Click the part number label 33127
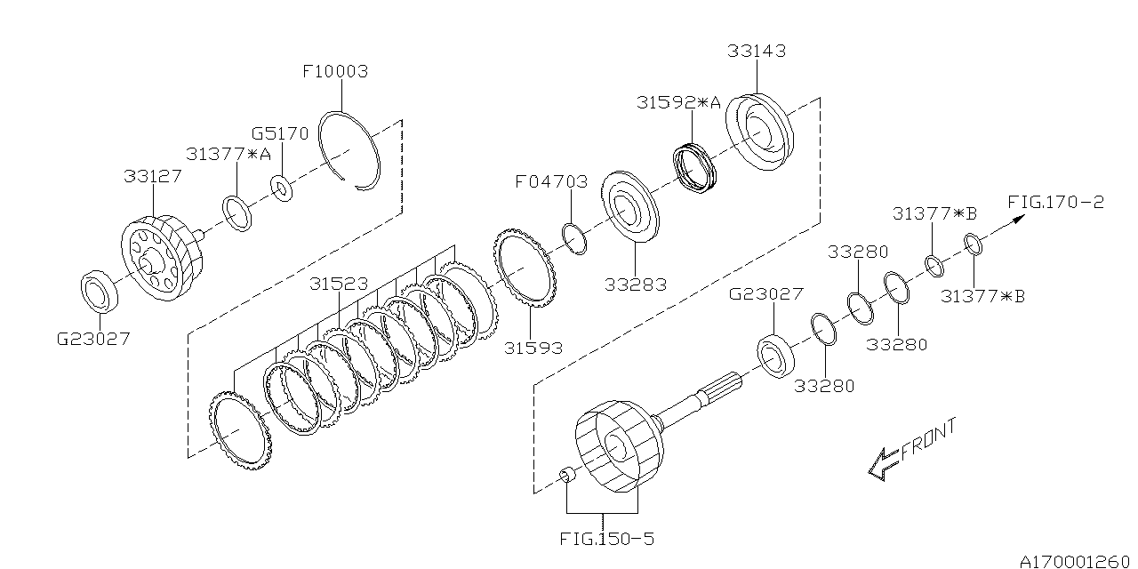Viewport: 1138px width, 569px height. pos(152,176)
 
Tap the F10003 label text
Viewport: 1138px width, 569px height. pos(335,71)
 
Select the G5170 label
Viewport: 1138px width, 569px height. pos(279,134)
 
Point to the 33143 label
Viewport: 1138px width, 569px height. pos(756,52)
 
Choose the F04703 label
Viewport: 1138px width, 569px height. pos(551,182)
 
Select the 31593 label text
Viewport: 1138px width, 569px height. pos(533,348)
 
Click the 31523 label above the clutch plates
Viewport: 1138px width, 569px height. pos(339,284)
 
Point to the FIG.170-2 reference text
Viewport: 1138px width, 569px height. pos(1056,202)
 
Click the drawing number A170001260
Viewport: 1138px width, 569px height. pos(1077,560)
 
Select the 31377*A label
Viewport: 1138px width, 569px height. pos(228,154)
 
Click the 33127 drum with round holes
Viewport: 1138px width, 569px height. pos(162,256)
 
